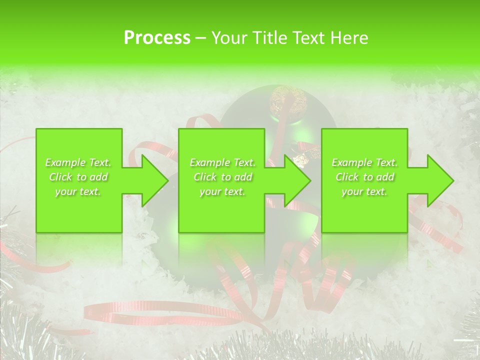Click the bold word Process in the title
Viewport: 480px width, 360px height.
click(x=157, y=37)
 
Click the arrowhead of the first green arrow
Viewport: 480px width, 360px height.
click(x=154, y=180)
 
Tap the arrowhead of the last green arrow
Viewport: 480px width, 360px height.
click(x=440, y=180)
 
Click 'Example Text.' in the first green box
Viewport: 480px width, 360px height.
click(x=78, y=162)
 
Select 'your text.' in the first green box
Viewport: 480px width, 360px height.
click(x=78, y=191)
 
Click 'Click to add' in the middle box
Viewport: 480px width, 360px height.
click(x=222, y=177)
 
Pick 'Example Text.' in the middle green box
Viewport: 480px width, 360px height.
click(x=222, y=162)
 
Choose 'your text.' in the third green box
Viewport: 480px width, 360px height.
click(x=364, y=191)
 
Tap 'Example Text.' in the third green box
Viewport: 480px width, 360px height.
click(x=364, y=162)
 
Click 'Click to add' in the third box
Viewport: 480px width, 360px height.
click(x=364, y=177)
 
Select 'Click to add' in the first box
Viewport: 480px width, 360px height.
click(x=78, y=177)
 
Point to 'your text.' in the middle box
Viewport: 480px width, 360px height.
click(x=222, y=191)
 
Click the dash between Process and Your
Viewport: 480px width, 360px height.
click(x=200, y=38)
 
